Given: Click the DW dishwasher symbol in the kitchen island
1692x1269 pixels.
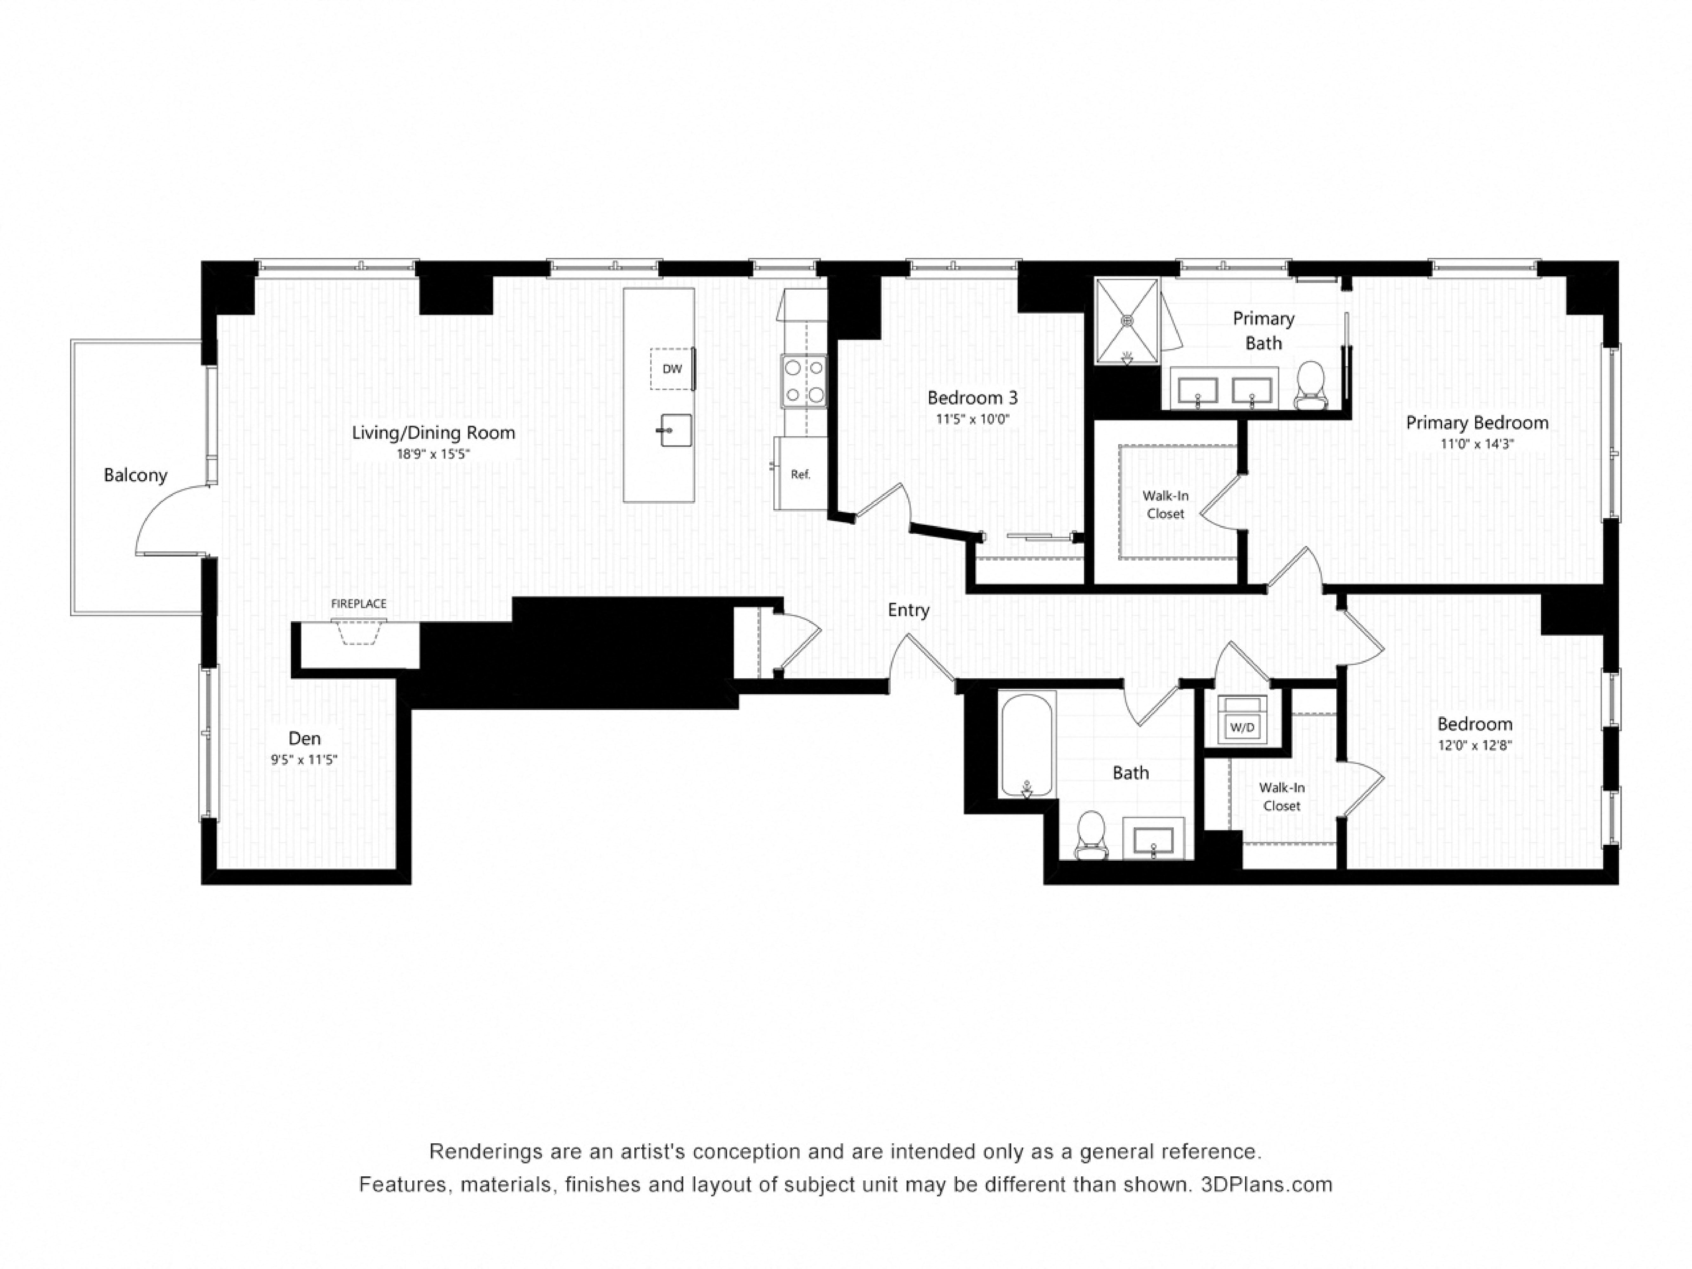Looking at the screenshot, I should pos(672,369).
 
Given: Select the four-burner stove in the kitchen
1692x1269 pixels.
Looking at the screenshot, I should pos(804,381).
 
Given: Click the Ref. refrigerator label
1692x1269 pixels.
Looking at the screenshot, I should pos(800,474).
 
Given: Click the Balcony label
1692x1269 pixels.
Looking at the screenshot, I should pos(135,475).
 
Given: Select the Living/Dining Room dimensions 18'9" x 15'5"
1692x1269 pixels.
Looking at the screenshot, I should pos(433,454).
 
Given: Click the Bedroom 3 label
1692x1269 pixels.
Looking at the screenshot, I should pos(972,398).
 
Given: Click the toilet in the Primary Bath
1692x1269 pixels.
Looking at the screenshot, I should pos(1310,385).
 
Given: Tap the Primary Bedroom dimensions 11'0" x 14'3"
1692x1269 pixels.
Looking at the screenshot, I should pos(1477,444).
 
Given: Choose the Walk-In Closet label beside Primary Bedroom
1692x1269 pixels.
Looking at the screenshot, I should pos(1165,505).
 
